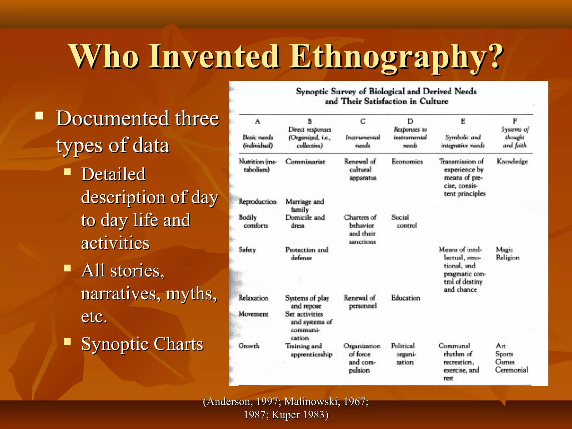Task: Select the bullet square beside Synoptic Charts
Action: click(67, 341)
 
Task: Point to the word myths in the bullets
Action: click(191, 294)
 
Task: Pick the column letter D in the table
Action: click(410, 121)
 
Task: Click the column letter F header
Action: click(515, 121)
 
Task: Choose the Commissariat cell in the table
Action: click(305, 162)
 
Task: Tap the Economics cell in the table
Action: click(407, 161)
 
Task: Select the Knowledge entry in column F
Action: click(512, 161)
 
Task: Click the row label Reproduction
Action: click(258, 202)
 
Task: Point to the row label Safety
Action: click(247, 250)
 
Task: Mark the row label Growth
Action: click(249, 346)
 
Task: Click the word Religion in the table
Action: click(507, 258)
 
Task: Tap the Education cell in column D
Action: click(406, 298)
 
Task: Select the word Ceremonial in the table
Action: click(511, 370)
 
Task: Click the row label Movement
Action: click(253, 314)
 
